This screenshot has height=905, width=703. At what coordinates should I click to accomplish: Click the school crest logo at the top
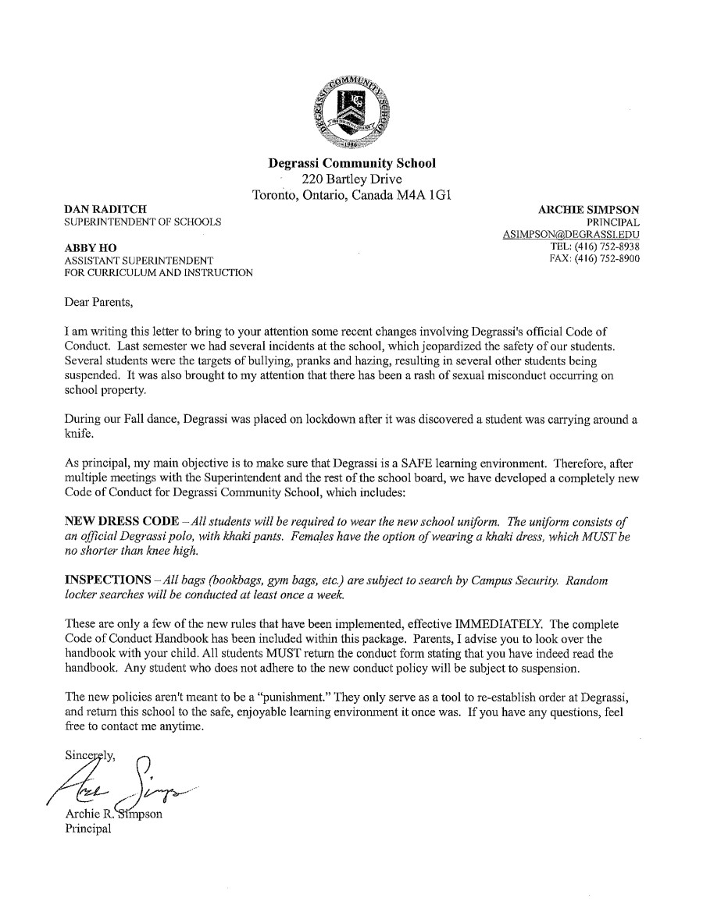click(x=351, y=112)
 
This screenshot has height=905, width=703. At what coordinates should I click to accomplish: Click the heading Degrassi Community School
click(x=351, y=163)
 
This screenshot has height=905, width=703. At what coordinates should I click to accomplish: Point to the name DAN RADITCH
click(x=107, y=210)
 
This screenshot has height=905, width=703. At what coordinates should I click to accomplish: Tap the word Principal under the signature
click(x=87, y=829)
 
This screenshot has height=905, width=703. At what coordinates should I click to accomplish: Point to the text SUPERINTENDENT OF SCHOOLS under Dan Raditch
click(x=142, y=222)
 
